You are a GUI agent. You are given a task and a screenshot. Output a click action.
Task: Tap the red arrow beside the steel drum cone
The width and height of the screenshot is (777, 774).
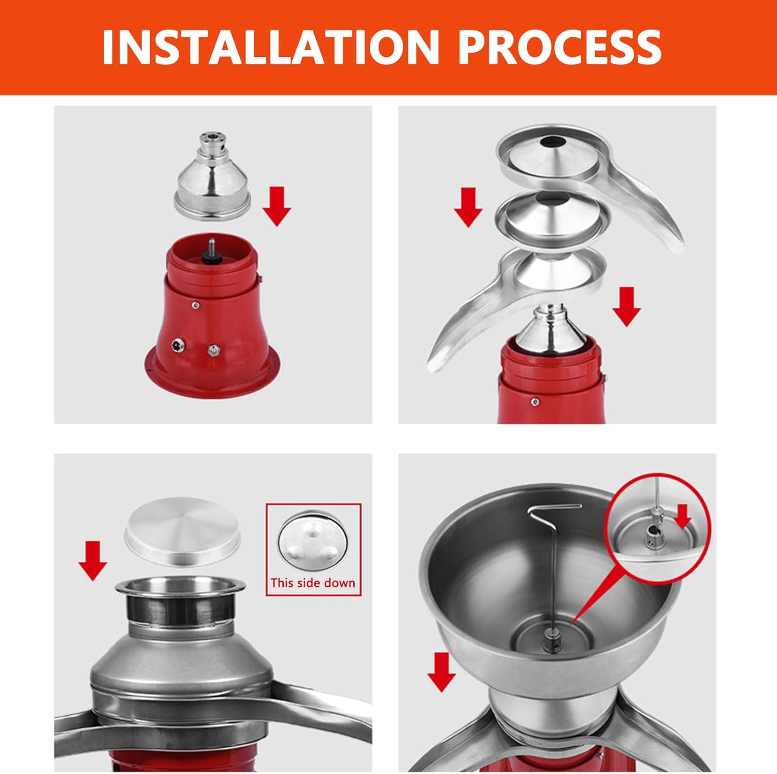click(277, 206)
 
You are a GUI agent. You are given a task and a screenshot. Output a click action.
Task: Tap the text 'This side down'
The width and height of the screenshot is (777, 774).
click(313, 583)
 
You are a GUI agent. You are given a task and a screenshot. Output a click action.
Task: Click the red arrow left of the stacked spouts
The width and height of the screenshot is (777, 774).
click(468, 207)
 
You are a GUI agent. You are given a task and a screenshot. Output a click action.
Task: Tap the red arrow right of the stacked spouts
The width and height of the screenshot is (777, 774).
click(627, 307)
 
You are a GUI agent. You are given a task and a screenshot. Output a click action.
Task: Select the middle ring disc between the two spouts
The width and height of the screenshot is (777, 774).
click(550, 215)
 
